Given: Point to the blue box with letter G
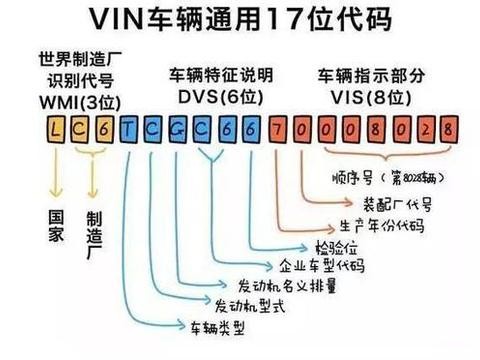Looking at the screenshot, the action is click(176, 129).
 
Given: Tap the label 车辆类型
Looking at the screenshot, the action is click(207, 327).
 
